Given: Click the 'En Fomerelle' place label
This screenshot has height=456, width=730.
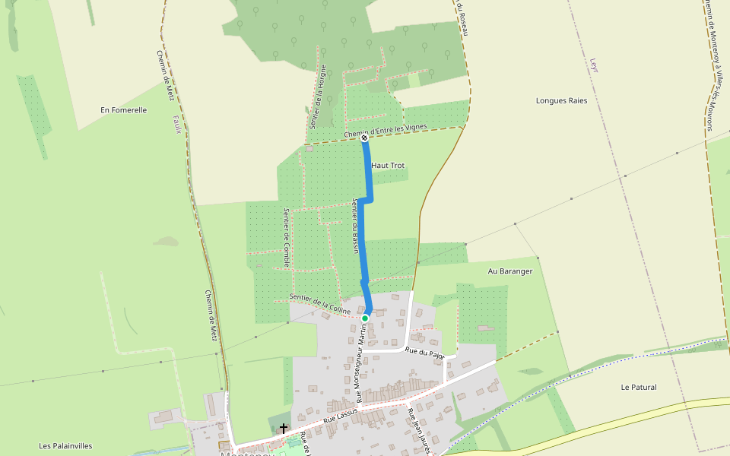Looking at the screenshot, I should (x=123, y=110).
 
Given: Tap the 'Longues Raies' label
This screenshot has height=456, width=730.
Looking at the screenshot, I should (x=561, y=100).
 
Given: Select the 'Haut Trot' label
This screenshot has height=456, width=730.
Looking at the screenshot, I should (x=388, y=166).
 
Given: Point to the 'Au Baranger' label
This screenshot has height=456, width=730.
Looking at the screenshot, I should (x=510, y=271).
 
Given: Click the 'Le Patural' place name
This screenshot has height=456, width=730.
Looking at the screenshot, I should (x=638, y=388).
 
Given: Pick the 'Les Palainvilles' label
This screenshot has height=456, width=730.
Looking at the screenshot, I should (x=66, y=445).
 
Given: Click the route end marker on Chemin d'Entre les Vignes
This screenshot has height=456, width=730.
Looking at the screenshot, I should (x=364, y=138).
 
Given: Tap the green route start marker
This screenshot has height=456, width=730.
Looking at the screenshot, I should (x=365, y=318).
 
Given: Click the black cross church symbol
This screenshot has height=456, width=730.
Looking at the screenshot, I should (x=284, y=429).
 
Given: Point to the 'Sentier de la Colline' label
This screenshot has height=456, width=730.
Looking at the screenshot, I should (x=319, y=304).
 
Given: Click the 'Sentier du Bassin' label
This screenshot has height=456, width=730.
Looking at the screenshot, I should (x=354, y=226).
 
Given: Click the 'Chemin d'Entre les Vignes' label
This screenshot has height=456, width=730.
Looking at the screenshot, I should (x=385, y=131).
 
